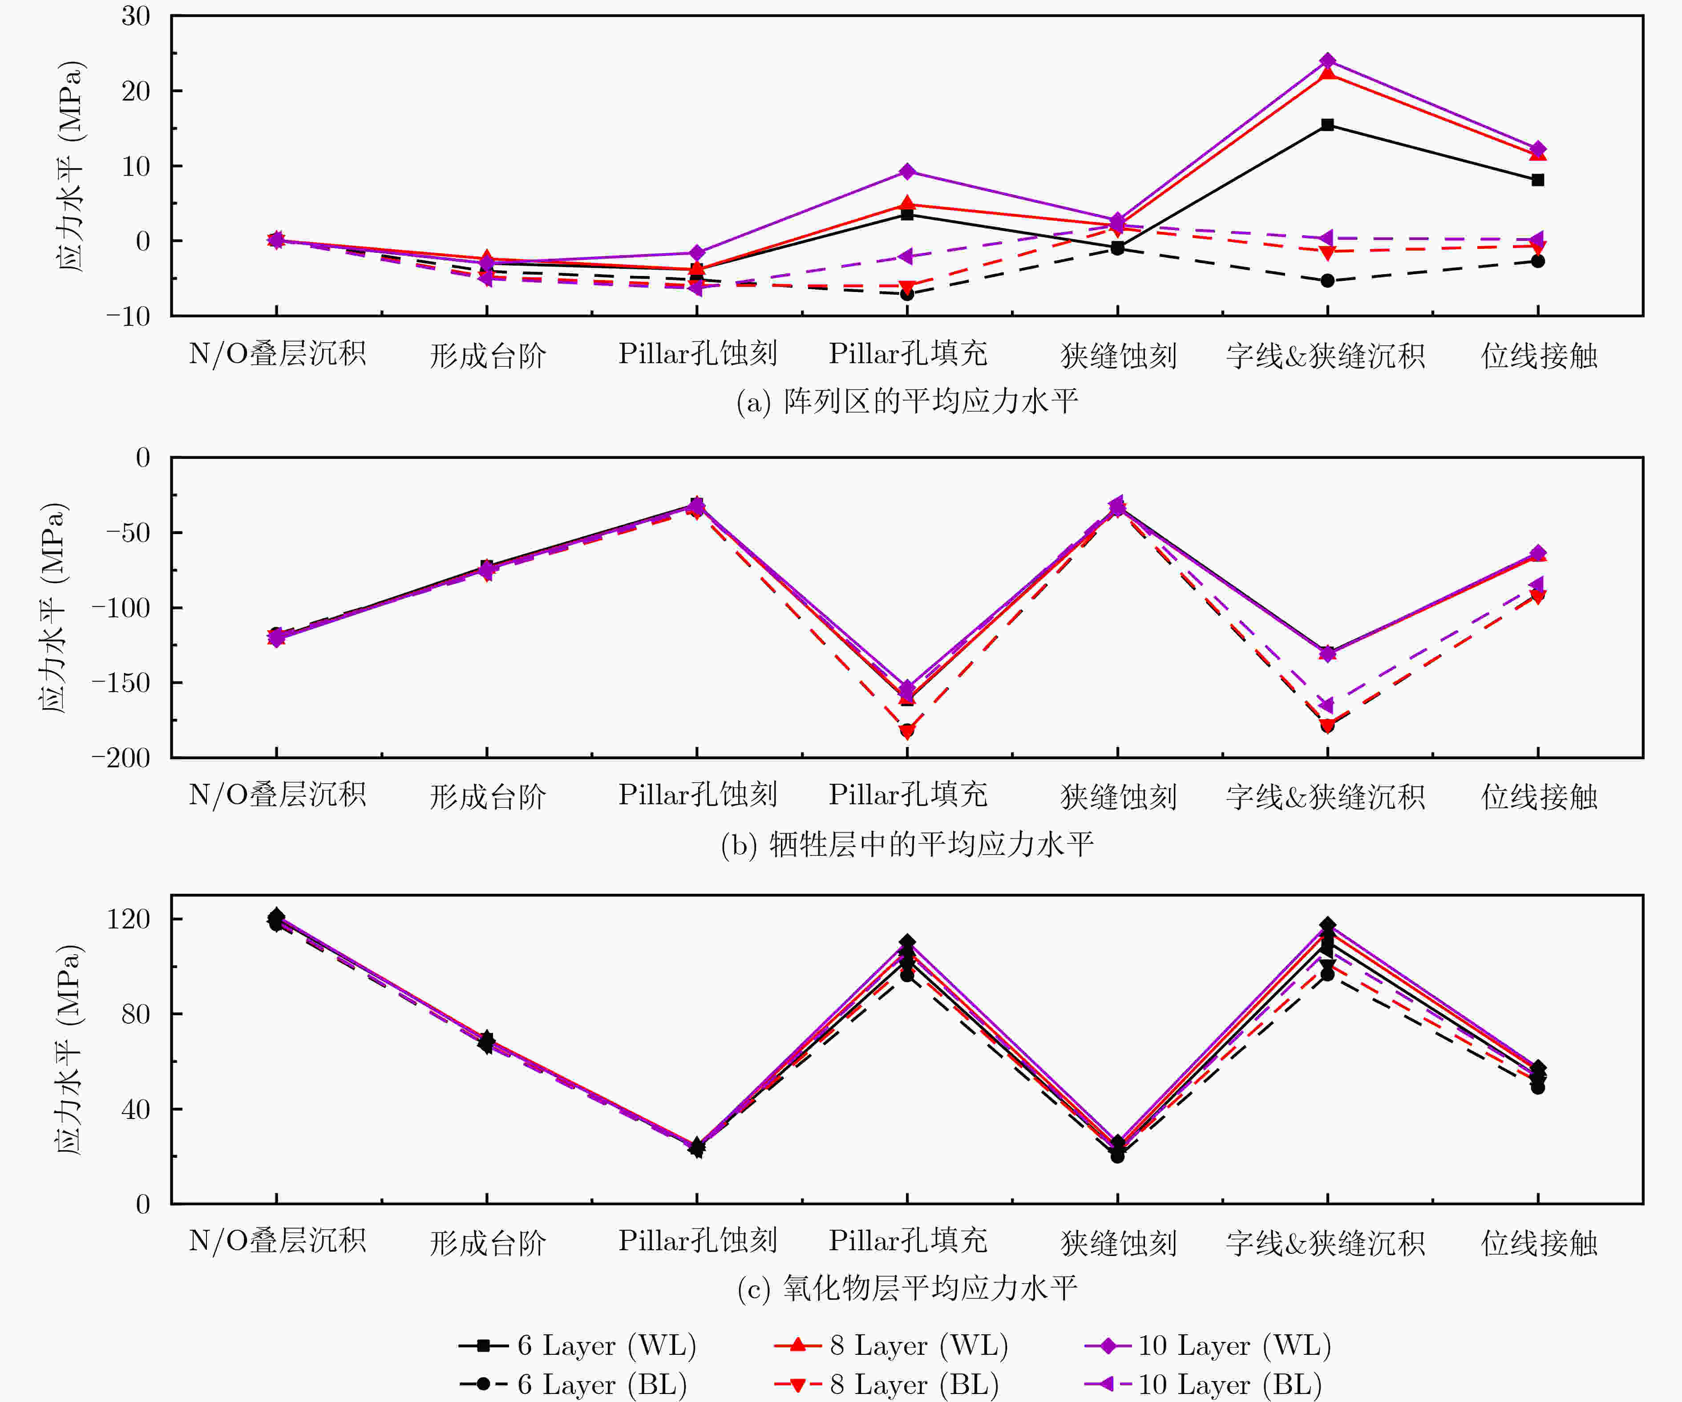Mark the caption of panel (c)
907,1288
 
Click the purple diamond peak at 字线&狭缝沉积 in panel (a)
1327,61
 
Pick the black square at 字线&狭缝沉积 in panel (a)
1327,125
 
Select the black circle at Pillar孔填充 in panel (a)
907,294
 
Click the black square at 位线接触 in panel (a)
1538,180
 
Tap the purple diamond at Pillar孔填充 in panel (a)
907,171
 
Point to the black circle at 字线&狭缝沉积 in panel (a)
1327,280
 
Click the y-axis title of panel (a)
70,166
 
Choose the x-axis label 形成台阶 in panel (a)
488,355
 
